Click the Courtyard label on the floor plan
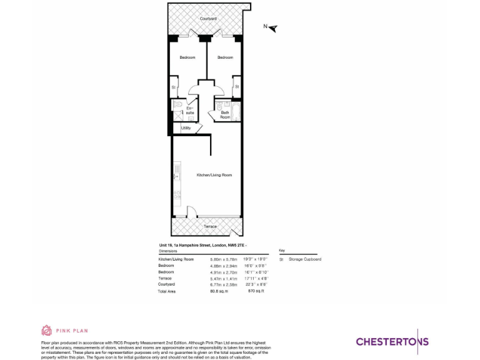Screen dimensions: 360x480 208,19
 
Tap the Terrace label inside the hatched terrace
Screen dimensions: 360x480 210,226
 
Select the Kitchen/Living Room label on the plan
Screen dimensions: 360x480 214,175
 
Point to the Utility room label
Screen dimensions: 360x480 186,128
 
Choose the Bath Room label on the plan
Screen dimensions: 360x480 225,115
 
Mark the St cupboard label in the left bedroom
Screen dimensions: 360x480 173,87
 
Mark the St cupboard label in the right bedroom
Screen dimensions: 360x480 237,87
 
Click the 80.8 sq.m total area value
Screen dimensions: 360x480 219,291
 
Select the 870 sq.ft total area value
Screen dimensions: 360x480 256,291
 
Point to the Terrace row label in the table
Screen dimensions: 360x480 165,278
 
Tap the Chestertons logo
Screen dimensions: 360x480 392,341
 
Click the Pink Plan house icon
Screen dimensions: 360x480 46,331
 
